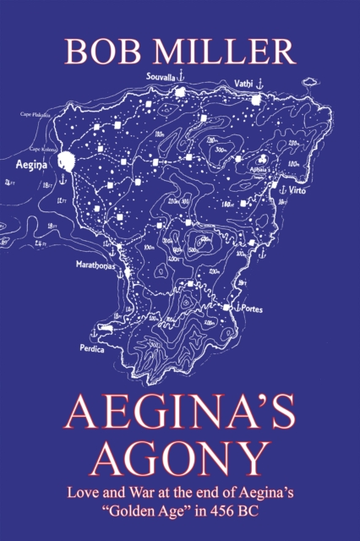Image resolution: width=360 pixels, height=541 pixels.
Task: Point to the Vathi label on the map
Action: [x=242, y=82]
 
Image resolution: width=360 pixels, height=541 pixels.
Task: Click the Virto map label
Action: [x=296, y=191]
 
